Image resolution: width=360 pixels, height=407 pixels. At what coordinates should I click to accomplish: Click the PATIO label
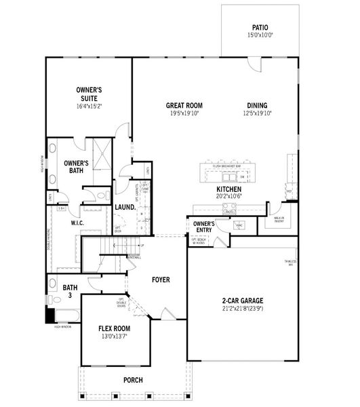[x=260, y=28]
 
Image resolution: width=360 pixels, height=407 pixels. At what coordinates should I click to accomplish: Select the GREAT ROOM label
[x=184, y=105]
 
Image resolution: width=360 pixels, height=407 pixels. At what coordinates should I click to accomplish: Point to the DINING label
[x=257, y=105]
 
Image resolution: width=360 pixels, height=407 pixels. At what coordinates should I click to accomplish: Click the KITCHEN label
[x=228, y=189]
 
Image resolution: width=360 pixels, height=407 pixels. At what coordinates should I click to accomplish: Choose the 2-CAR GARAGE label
[x=242, y=301]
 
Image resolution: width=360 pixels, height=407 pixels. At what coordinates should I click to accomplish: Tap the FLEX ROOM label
[x=114, y=328]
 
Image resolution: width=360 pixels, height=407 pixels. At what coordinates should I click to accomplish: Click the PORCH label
[x=133, y=380]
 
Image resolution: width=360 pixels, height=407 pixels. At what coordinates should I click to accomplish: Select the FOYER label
[x=161, y=279]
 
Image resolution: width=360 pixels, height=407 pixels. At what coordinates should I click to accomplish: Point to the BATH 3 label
[x=71, y=292]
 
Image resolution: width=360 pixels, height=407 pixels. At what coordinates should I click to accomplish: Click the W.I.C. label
[x=77, y=222]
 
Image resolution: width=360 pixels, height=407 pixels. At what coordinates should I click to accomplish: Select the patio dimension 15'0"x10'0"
[x=260, y=35]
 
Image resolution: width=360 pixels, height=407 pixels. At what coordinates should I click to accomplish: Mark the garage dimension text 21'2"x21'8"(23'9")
[x=242, y=309]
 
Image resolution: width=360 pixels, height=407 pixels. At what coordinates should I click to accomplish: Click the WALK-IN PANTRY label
[x=278, y=220]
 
